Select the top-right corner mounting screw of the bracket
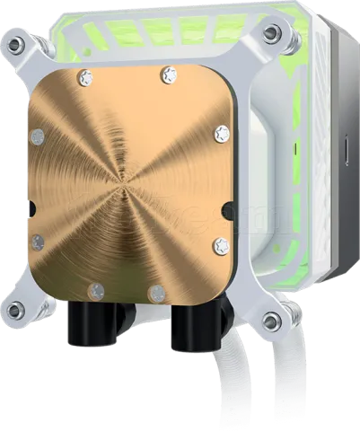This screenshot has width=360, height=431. [270, 33]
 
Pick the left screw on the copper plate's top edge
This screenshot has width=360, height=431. [86, 77]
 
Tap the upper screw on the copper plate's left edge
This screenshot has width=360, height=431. [37, 136]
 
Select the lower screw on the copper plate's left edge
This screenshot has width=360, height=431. [37, 241]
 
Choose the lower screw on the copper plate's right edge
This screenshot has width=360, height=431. [219, 244]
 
